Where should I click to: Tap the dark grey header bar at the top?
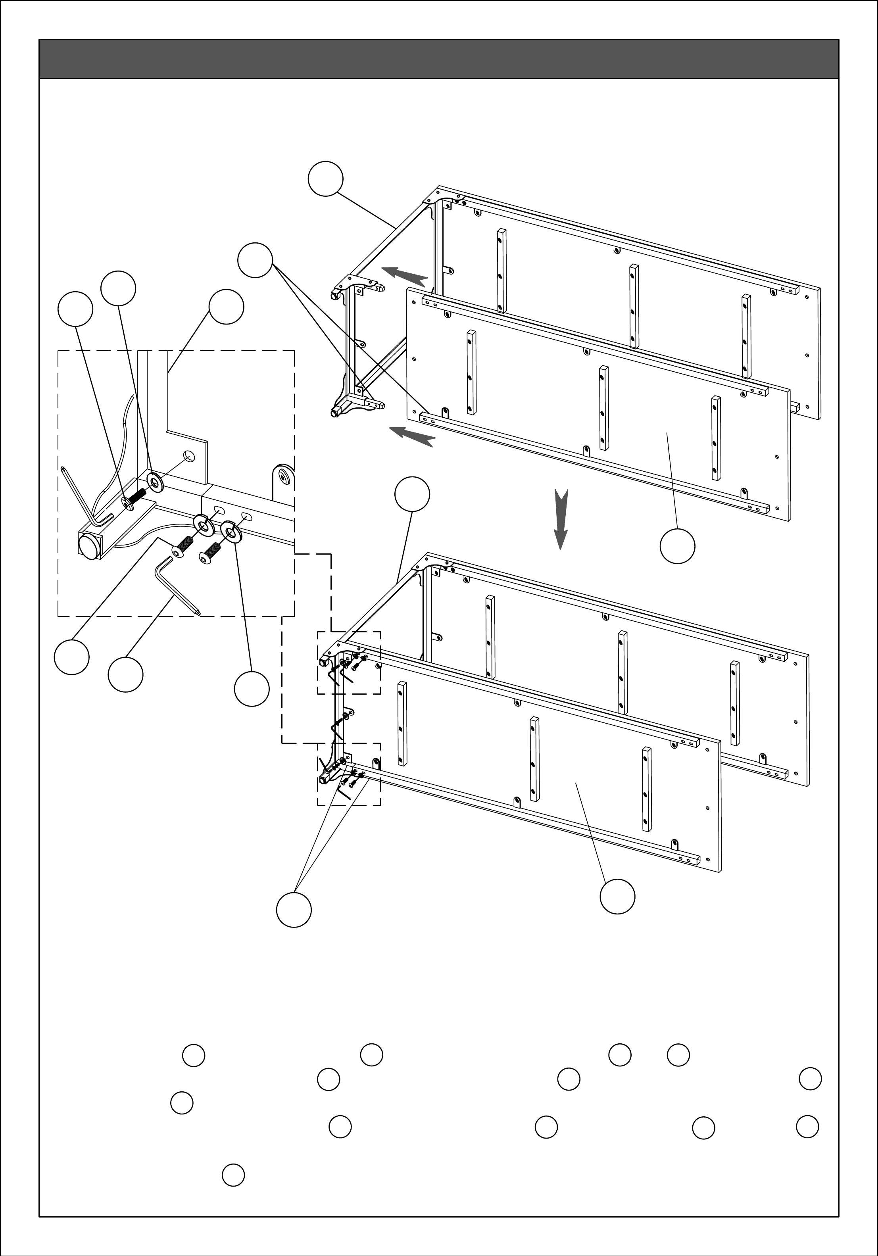pos(439,59)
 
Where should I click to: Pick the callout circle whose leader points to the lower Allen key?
pos(126,675)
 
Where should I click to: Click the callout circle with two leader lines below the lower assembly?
pos(294,910)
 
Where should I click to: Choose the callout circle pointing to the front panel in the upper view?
pos(677,545)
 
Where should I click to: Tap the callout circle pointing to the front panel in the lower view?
pos(618,896)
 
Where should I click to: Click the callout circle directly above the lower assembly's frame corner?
pos(412,494)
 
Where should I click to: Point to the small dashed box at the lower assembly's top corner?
pos(349,663)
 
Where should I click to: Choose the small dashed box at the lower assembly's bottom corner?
pos(349,774)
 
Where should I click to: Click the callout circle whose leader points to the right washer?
pos(252,689)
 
